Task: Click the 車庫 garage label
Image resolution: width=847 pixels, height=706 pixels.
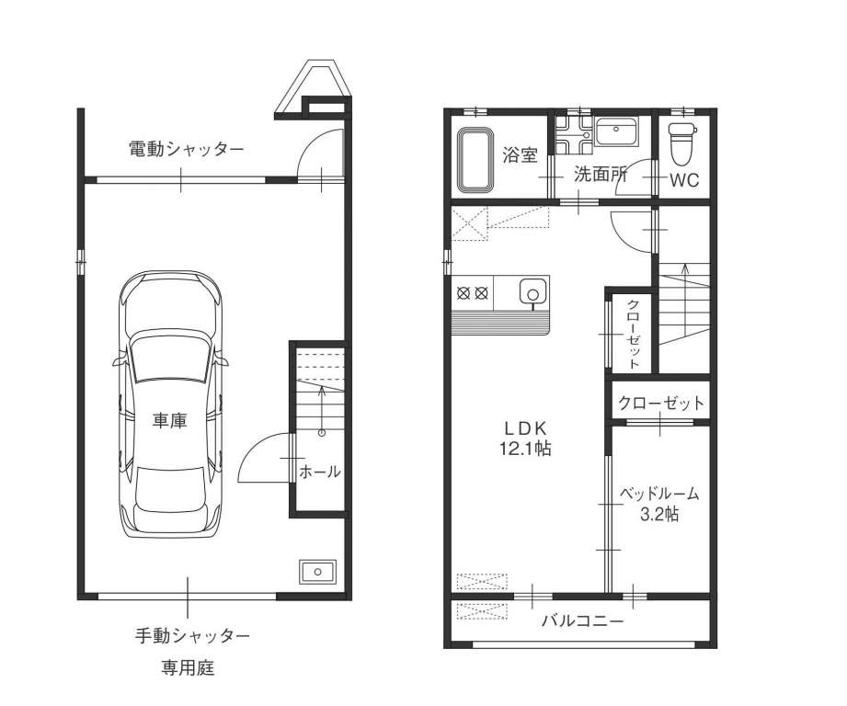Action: coord(169,420)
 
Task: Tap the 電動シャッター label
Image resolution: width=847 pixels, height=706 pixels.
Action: coord(187,148)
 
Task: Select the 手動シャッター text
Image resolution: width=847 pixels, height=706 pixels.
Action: coord(192,636)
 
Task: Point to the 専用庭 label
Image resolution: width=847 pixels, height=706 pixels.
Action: coord(188,668)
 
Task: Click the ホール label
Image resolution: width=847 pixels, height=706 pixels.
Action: coord(320,472)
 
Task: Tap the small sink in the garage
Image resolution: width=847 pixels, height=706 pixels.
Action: coord(317,572)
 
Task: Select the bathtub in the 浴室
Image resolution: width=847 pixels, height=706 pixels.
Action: coord(475,160)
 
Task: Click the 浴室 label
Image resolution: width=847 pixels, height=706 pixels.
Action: coord(520,155)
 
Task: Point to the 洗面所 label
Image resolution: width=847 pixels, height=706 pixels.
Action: coord(601,174)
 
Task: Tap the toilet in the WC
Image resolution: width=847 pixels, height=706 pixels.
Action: coord(682,143)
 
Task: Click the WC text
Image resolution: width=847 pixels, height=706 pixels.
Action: coord(684,180)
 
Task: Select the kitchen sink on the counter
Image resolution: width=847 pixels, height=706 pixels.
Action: coord(532,293)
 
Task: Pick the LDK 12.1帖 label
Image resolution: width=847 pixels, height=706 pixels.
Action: coord(526,438)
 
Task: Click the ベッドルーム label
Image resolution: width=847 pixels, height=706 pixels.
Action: coord(658,493)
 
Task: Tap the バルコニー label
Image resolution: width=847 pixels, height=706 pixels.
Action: coord(583,621)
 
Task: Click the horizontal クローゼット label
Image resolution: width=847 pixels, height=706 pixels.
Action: coord(661,404)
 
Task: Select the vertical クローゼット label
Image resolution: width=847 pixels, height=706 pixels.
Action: coord(633,334)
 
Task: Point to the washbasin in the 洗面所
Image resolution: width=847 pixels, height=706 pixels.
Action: coord(616,131)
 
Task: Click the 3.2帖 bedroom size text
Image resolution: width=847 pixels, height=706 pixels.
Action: coord(659,514)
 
